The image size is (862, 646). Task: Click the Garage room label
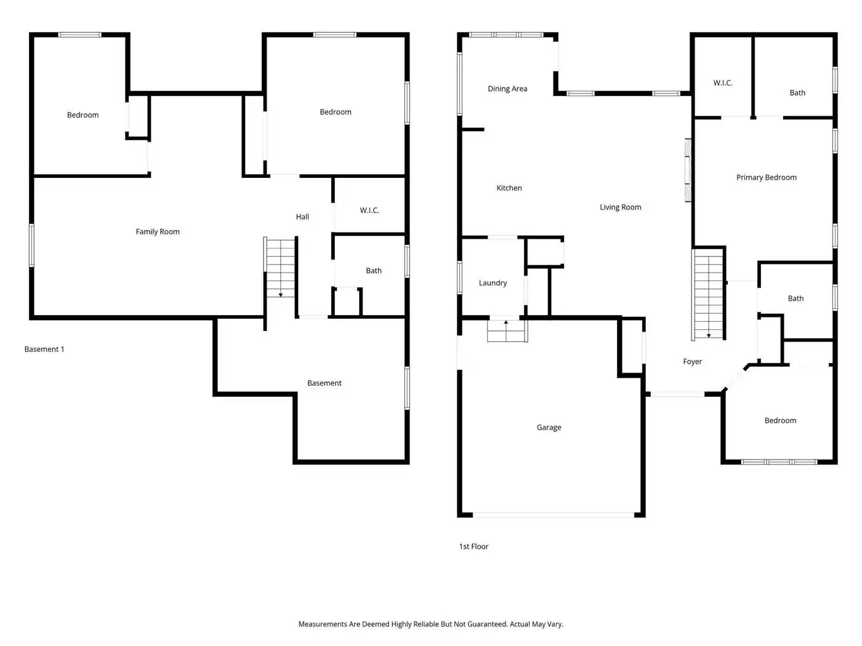point(549,428)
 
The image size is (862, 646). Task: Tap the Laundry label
point(493,283)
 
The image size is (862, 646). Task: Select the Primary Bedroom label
point(766,177)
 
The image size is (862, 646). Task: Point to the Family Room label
point(158,232)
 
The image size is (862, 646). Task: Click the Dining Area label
point(507,89)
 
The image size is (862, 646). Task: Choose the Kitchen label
point(509,188)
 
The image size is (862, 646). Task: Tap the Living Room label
point(620,207)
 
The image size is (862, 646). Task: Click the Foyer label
point(692,362)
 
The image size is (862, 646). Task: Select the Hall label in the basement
point(302,217)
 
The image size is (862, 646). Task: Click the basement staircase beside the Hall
point(280,268)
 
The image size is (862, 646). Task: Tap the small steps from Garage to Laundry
point(507,331)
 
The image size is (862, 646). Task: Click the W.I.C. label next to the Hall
point(369,210)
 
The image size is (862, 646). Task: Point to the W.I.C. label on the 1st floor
point(723,83)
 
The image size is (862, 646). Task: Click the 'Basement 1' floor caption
point(44,349)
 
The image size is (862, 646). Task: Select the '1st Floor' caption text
point(473,546)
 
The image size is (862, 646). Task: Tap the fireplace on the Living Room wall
point(688,170)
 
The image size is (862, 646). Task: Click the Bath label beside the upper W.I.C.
point(797,93)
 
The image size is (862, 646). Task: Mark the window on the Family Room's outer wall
point(32,245)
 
